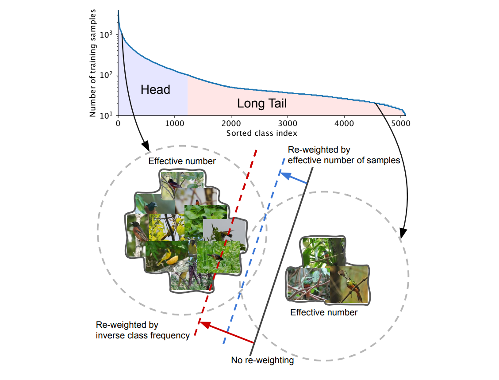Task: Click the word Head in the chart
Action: (x=155, y=90)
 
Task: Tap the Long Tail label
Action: (x=262, y=104)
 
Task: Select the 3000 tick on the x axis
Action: (x=288, y=124)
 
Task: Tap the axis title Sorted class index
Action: (x=261, y=133)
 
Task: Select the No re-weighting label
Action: (x=262, y=360)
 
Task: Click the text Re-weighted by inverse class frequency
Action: (x=142, y=330)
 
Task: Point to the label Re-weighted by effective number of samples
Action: (x=344, y=155)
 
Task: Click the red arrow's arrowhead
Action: (x=201, y=323)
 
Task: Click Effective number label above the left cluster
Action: (x=182, y=161)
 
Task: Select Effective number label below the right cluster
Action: (x=324, y=312)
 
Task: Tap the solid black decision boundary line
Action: (x=283, y=257)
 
